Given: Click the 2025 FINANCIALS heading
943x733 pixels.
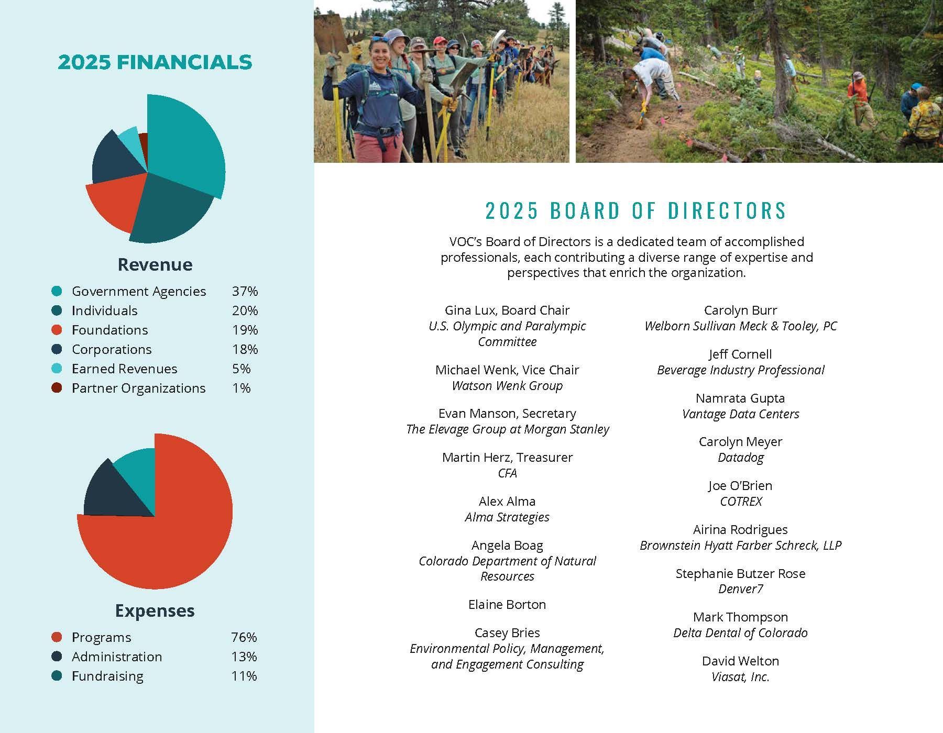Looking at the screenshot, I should pyautogui.click(x=155, y=62).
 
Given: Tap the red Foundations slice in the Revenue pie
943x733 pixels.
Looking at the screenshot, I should pyautogui.click(x=113, y=202).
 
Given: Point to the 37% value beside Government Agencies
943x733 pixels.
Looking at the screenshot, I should pyautogui.click(x=245, y=291).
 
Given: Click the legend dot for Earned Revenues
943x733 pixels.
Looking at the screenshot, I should pyautogui.click(x=57, y=369).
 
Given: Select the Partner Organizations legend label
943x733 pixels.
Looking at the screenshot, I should pyautogui.click(x=138, y=388).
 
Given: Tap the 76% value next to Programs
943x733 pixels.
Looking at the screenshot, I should pyautogui.click(x=244, y=637).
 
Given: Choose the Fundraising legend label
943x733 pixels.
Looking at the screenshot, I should pyautogui.click(x=107, y=676).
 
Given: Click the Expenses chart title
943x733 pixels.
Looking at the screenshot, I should pyautogui.click(x=155, y=610).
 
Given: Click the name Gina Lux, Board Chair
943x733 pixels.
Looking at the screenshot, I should pyautogui.click(x=507, y=310).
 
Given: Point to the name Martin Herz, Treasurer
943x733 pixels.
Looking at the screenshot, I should pyautogui.click(x=507, y=458).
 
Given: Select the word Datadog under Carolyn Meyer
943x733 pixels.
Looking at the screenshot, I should pyautogui.click(x=740, y=458).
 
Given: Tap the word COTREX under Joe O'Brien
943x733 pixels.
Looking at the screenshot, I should pyautogui.click(x=740, y=502).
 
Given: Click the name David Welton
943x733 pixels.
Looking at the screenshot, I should pyautogui.click(x=740, y=661).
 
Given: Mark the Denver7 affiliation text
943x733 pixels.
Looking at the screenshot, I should pyautogui.click(x=740, y=589).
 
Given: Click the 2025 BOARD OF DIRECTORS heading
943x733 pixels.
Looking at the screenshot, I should pyautogui.click(x=635, y=210).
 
